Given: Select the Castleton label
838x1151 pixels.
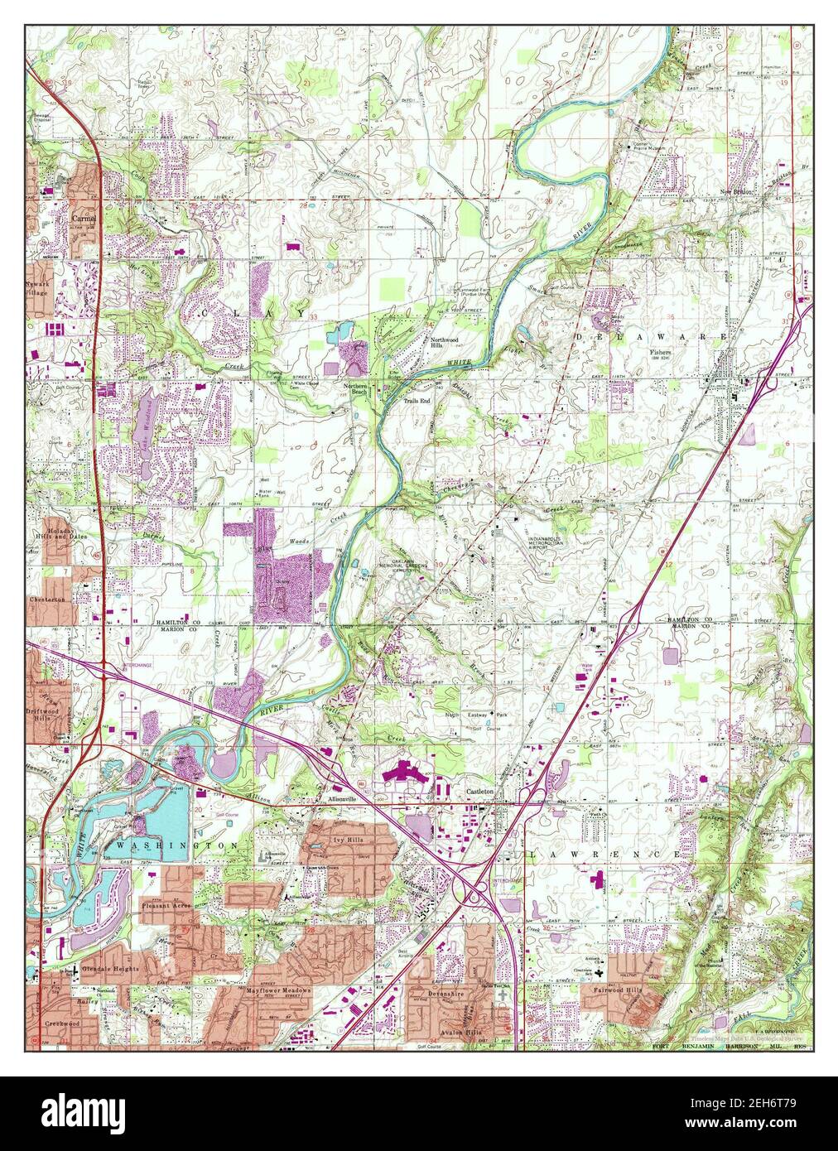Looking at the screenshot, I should click(x=478, y=792).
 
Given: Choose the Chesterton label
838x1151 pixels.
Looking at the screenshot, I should click(x=47, y=599).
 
